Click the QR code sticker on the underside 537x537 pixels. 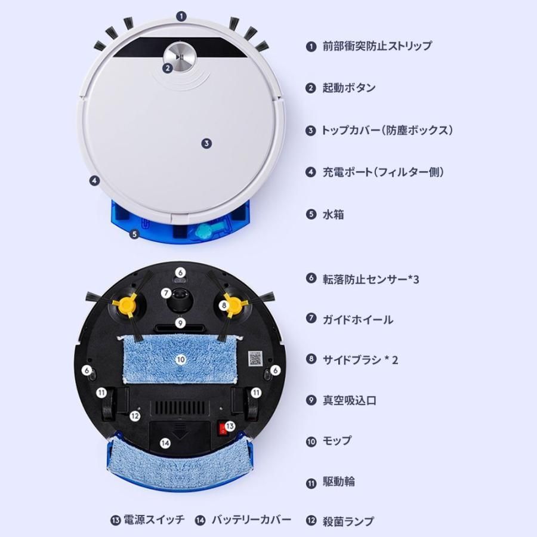tap(256, 358)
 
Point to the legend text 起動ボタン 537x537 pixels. tap(349, 88)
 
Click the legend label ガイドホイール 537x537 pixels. tap(357, 319)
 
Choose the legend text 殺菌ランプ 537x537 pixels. tap(348, 521)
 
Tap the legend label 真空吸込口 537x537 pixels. tap(349, 400)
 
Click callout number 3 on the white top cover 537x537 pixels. tap(206, 143)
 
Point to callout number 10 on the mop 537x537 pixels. tap(180, 359)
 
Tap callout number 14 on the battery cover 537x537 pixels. tap(165, 443)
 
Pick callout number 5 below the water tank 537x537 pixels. tap(134, 234)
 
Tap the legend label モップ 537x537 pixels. tap(337, 441)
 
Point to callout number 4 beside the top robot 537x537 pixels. tap(94, 180)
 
